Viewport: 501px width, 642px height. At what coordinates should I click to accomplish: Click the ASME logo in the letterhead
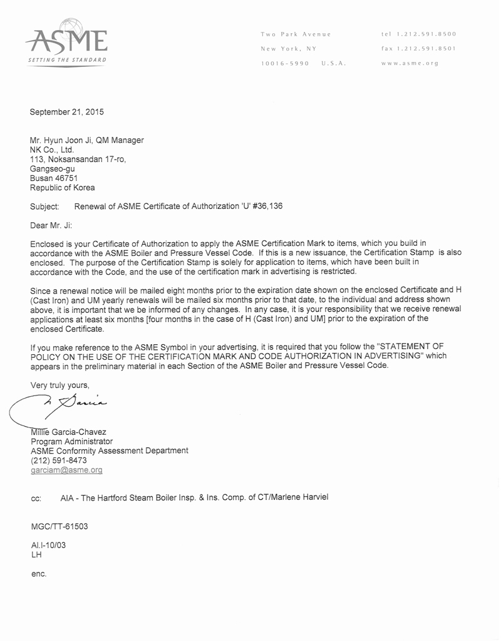66,42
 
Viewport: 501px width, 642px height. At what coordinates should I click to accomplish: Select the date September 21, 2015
67,113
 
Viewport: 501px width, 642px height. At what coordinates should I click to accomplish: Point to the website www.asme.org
410,63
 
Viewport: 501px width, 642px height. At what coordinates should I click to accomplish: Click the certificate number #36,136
267,206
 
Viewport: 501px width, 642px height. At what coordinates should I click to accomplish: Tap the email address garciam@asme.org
66,469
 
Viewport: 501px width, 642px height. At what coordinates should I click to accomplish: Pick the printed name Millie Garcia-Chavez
68,432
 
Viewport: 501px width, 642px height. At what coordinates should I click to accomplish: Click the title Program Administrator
71,441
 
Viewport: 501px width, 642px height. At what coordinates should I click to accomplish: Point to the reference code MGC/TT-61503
59,526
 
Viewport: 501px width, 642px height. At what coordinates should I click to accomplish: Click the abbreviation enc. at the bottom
39,574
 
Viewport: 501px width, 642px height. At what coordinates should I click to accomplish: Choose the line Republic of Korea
63,188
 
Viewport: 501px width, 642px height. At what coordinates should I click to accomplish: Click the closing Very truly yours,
60,385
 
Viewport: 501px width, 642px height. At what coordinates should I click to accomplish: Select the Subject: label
45,206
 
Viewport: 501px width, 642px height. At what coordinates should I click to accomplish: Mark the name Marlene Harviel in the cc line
299,497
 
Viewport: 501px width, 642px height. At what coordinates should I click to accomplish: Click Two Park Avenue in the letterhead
296,34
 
